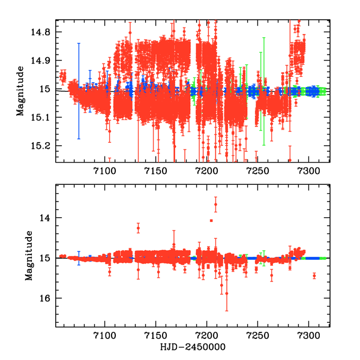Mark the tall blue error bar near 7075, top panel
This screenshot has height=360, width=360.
79,90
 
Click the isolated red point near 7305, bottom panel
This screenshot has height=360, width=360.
314,276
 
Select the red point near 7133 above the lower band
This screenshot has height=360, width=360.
139,228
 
